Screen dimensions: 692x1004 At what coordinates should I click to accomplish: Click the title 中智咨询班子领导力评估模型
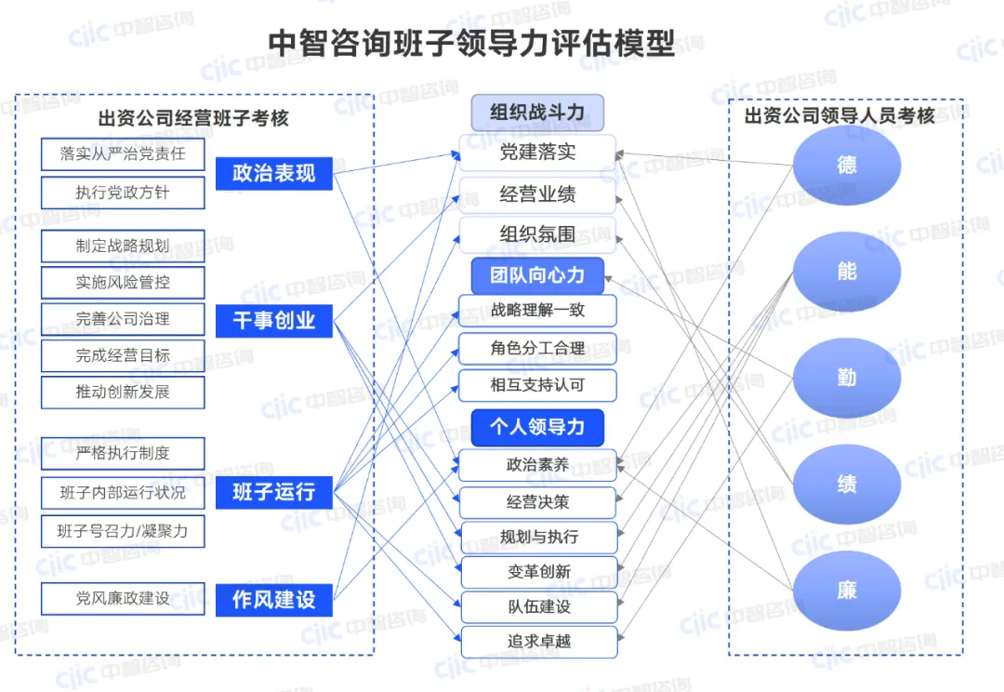pyautogui.click(x=471, y=43)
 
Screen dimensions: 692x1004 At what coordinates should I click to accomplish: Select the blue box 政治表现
pyautogui.click(x=274, y=173)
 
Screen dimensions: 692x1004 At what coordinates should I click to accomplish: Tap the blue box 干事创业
pyautogui.click(x=274, y=321)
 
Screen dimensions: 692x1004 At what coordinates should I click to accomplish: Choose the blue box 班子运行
pyautogui.click(x=274, y=491)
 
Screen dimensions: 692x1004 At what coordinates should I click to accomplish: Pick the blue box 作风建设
pyautogui.click(x=274, y=600)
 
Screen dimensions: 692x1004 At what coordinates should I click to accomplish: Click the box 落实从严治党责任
pyautogui.click(x=123, y=154)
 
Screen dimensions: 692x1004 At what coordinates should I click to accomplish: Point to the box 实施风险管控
pyautogui.click(x=123, y=282)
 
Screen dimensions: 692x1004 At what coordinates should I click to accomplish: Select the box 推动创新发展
pyautogui.click(x=123, y=392)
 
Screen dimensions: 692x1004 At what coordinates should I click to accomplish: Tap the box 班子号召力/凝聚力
pyautogui.click(x=123, y=531)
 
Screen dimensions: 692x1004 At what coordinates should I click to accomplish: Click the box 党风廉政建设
pyautogui.click(x=123, y=599)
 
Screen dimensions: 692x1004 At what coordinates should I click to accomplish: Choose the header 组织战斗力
pyautogui.click(x=537, y=113)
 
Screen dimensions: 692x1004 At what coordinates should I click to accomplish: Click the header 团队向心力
pyautogui.click(x=537, y=275)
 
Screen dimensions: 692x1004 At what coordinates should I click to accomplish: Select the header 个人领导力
pyautogui.click(x=537, y=427)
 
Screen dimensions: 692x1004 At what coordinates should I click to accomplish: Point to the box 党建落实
pyautogui.click(x=537, y=153)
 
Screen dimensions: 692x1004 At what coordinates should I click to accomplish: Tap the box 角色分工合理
pyautogui.click(x=537, y=349)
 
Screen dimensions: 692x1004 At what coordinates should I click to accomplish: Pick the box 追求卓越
pyautogui.click(x=537, y=642)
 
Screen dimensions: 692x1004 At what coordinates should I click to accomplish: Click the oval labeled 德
pyautogui.click(x=846, y=166)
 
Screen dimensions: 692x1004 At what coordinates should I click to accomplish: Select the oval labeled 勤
pyautogui.click(x=846, y=379)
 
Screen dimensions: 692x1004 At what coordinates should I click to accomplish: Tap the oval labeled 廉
pyautogui.click(x=846, y=591)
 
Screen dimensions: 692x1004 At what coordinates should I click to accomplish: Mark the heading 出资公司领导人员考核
pyautogui.click(x=839, y=116)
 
